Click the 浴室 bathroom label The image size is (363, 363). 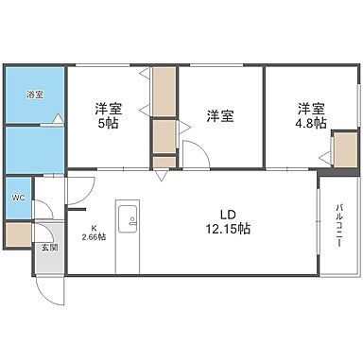[x=34, y=95]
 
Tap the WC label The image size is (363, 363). [x=19, y=199]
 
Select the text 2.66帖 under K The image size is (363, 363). [x=95, y=237]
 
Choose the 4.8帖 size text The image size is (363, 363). [x=308, y=123]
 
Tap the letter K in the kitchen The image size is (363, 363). [x=95, y=227]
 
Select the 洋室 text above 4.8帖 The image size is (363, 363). [x=308, y=107]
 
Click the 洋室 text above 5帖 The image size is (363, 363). [x=106, y=107]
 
